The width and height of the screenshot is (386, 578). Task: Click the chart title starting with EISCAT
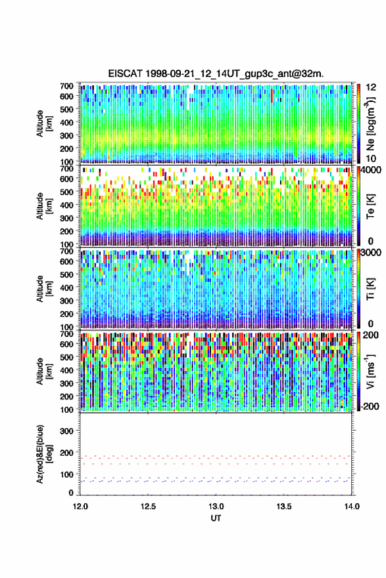tap(216, 74)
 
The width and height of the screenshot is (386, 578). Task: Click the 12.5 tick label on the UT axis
tap(148, 506)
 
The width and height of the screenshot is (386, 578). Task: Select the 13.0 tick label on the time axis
tap(216, 506)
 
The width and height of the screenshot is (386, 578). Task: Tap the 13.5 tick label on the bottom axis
tap(284, 506)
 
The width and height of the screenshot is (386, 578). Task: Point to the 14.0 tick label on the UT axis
tap(352, 506)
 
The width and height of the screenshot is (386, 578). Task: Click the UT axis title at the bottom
tap(216, 518)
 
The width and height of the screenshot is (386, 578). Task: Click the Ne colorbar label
tap(370, 123)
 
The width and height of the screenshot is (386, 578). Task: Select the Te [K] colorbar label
tap(370, 206)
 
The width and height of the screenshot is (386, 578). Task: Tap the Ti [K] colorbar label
tap(370, 289)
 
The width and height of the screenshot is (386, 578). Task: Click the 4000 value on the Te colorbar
tap(371, 171)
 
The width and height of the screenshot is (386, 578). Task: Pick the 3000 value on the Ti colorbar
tap(371, 253)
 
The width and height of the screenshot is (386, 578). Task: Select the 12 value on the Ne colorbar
tap(371, 87)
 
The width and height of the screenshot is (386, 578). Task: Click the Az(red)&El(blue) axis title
tap(45, 454)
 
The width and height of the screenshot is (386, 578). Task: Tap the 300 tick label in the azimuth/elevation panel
tap(66, 431)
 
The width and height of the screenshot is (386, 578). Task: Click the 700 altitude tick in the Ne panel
tap(66, 86)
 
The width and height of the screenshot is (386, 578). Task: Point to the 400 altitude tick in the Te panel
tap(66, 205)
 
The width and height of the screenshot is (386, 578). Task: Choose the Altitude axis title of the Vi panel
tap(44, 371)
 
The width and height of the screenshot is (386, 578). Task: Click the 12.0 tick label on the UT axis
tap(80, 506)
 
